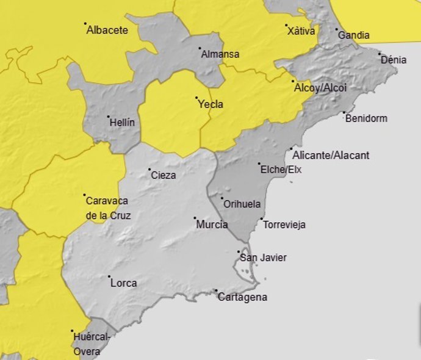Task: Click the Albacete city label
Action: click(107, 29)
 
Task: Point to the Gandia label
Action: click(353, 35)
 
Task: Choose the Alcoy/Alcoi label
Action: click(320, 88)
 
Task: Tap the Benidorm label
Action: click(366, 118)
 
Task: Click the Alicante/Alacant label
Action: click(331, 156)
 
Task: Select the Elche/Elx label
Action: click(281, 170)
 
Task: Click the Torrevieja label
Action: click(284, 225)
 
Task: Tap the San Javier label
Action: click(263, 258)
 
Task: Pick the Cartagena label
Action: click(242, 298)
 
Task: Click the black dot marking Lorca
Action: click(108, 277)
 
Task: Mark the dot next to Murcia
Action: click(195, 218)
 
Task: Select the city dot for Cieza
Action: click(149, 170)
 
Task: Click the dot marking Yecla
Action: click(196, 98)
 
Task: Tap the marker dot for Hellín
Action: click(108, 117)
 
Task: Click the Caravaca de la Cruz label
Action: click(108, 207)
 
